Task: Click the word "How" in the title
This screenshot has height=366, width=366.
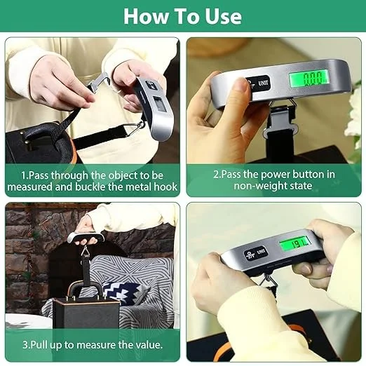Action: (x=146, y=16)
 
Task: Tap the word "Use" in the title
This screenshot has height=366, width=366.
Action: (x=223, y=16)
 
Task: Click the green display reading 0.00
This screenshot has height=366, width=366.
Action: (x=309, y=79)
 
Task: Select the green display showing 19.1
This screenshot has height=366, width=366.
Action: (x=295, y=245)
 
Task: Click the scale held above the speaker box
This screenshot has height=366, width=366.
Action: (x=86, y=238)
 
